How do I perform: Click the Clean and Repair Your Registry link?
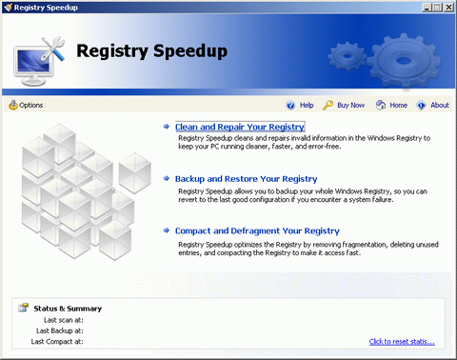[239, 127]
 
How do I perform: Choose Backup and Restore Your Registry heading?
[246, 178]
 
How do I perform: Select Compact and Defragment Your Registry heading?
[257, 230]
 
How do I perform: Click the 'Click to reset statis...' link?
[402, 341]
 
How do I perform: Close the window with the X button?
[448, 7]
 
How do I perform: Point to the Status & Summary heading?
[67, 309]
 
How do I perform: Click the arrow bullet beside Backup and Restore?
[167, 178]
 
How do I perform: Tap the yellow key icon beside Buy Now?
[328, 105]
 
